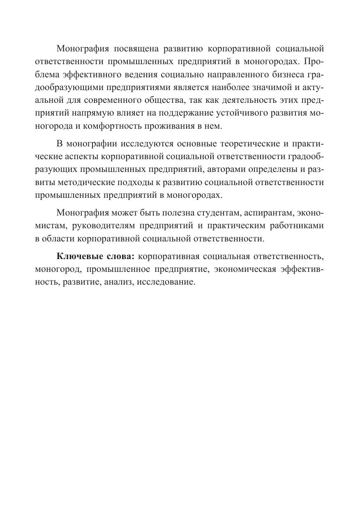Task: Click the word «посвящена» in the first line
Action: click(134, 49)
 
